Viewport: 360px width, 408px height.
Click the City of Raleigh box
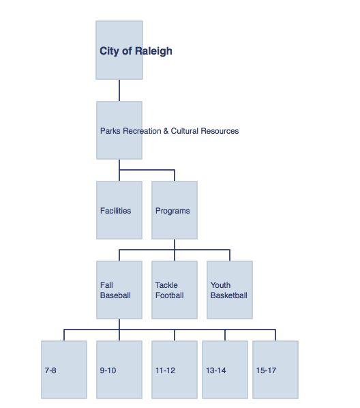(x=119, y=50)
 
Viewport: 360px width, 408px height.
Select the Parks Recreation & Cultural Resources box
(x=119, y=130)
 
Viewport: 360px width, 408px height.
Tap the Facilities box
(x=119, y=210)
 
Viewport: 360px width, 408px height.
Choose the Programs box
(x=175, y=210)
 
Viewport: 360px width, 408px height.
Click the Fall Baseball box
(x=119, y=290)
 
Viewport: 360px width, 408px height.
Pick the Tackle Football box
(x=175, y=290)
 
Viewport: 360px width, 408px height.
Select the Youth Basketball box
(x=230, y=290)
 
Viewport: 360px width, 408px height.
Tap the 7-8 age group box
(x=64, y=370)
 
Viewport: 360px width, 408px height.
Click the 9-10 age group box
(x=119, y=370)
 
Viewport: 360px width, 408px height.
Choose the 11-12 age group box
(x=175, y=370)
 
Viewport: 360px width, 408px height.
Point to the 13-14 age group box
(x=225, y=370)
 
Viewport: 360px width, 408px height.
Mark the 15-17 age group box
(x=275, y=370)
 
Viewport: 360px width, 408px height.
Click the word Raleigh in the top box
(x=153, y=51)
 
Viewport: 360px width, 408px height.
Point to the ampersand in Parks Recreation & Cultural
(x=166, y=131)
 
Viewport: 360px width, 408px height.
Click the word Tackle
(x=166, y=285)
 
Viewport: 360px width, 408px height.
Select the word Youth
(x=221, y=285)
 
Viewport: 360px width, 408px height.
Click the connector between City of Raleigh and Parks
(x=119, y=90)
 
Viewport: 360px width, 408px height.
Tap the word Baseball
(x=115, y=295)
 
